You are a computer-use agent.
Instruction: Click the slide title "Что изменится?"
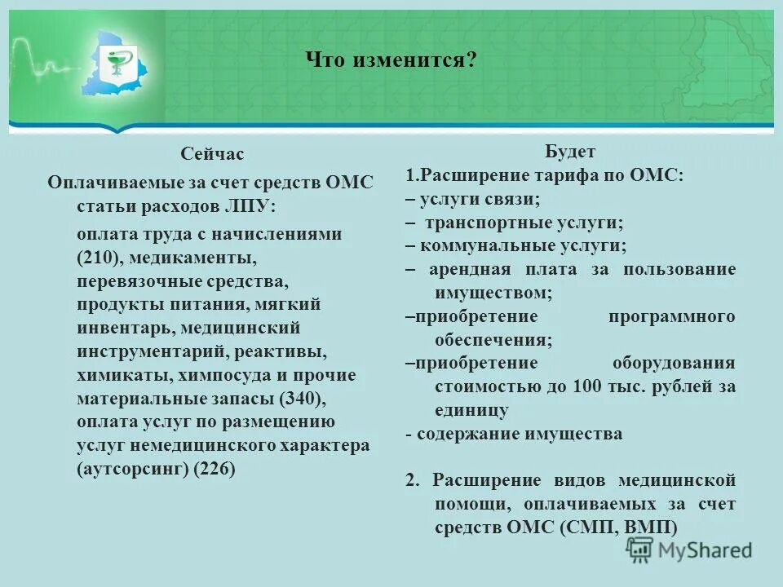391,60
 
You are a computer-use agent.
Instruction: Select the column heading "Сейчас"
212,154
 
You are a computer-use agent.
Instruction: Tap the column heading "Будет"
570,152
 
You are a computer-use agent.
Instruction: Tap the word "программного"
671,316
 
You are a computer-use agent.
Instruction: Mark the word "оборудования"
674,363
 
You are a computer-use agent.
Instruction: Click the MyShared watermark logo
689,550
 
